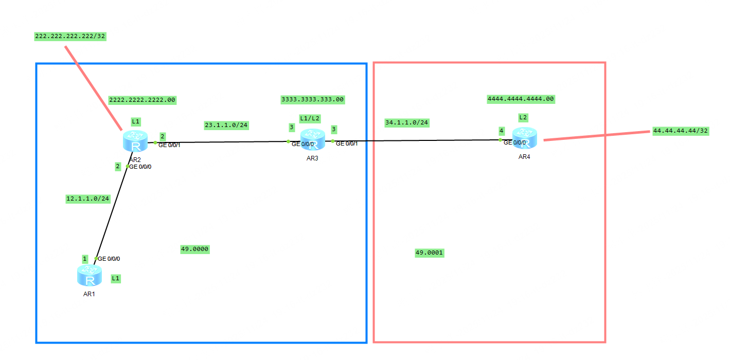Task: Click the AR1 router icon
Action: click(x=90, y=276)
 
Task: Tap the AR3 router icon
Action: click(x=312, y=140)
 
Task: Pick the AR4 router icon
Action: click(x=524, y=138)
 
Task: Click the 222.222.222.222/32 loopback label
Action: click(x=70, y=36)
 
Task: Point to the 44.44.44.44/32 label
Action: click(x=681, y=131)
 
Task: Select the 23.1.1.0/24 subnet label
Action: click(x=226, y=125)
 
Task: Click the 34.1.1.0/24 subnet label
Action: click(x=407, y=122)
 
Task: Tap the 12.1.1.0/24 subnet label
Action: click(x=88, y=199)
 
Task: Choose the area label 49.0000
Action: click(x=195, y=249)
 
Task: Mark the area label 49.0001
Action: click(x=430, y=253)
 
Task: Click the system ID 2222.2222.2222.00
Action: click(x=143, y=100)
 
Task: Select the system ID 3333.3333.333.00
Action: click(x=313, y=99)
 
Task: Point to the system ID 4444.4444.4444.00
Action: click(x=521, y=99)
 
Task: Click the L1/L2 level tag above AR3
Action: click(x=310, y=118)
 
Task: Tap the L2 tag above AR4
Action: click(x=523, y=117)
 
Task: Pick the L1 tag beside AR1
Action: click(x=116, y=278)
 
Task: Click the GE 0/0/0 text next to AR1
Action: click(x=109, y=259)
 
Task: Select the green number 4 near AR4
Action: click(x=501, y=131)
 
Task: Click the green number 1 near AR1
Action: click(x=85, y=259)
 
